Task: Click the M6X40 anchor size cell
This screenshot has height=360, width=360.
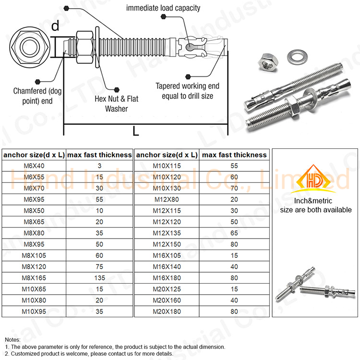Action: pos(34,166)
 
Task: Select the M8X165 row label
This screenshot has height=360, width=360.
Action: pos(34,278)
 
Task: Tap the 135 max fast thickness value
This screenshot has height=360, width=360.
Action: pos(99,278)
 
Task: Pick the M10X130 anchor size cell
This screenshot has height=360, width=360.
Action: pos(167,188)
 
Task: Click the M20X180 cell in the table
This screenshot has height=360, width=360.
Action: pos(167,312)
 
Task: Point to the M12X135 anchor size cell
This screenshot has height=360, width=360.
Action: pos(167,233)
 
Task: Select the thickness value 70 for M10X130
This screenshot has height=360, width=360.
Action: pos(234,188)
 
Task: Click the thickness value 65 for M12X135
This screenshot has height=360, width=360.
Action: pos(234,233)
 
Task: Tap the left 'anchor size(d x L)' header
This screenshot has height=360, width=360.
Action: pos(34,155)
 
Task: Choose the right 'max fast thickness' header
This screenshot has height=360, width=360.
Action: pos(234,155)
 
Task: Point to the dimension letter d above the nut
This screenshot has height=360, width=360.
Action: pos(56,26)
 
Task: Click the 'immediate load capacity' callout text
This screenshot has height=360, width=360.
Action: pos(163,8)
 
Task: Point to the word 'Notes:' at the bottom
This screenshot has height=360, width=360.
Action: pos(13,339)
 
